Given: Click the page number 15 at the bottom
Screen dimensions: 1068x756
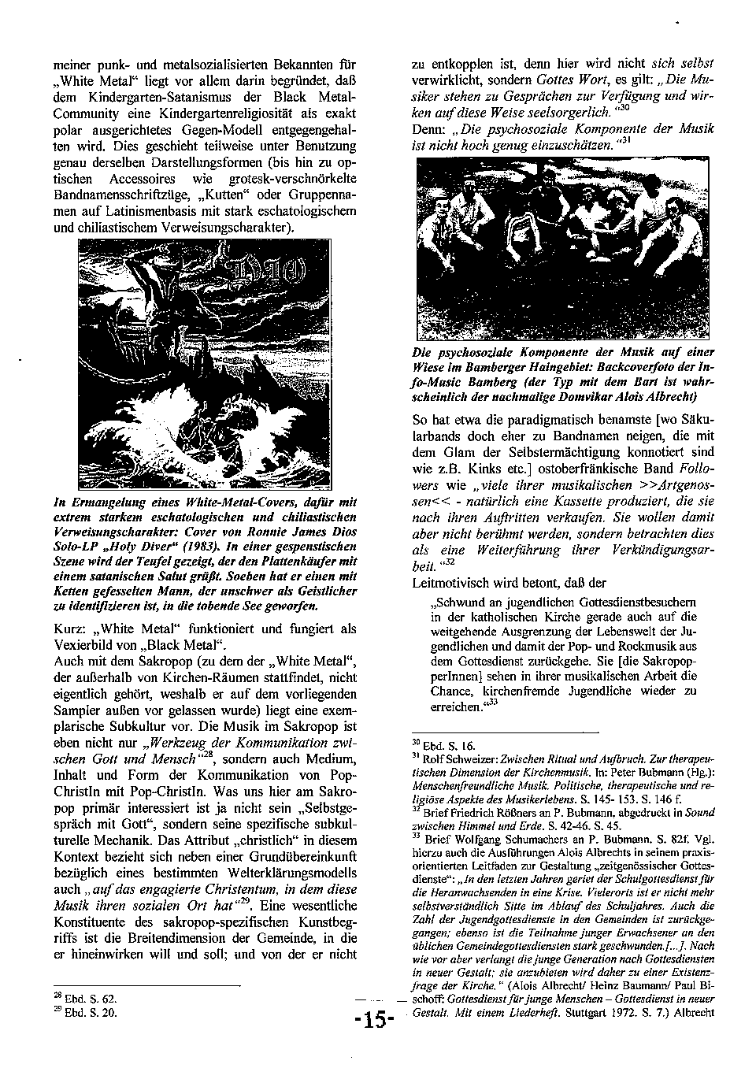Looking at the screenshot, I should pos(374,1019).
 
